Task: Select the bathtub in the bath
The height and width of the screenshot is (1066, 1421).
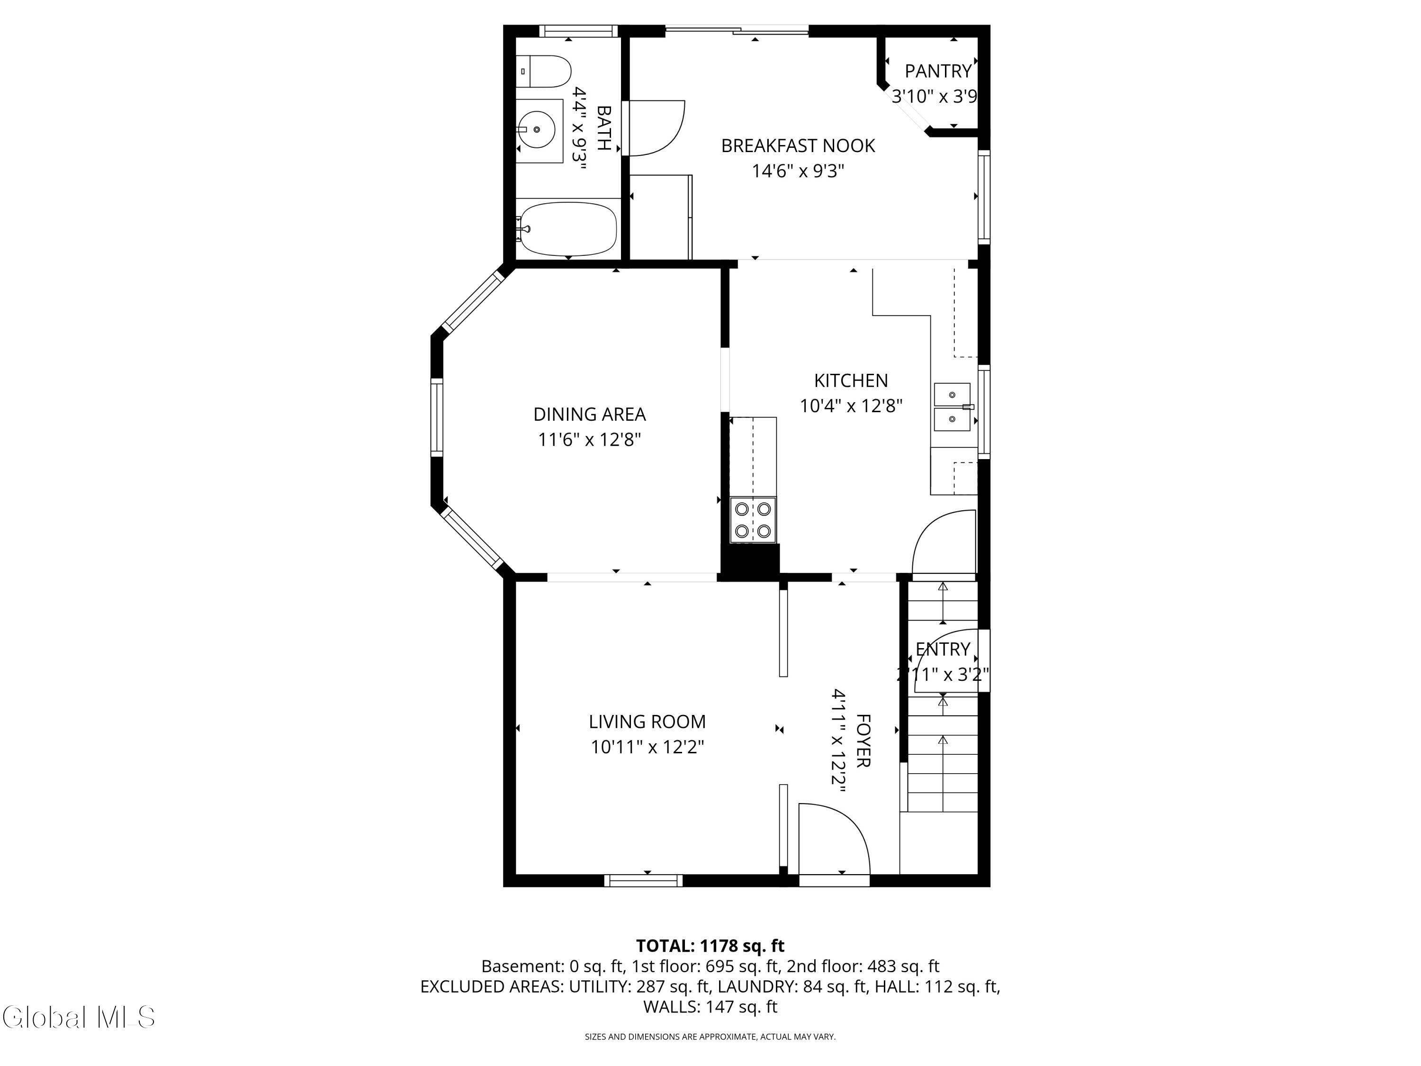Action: (568, 229)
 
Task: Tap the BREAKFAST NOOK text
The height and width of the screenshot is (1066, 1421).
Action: (798, 146)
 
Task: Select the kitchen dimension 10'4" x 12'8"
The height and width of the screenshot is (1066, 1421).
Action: (851, 406)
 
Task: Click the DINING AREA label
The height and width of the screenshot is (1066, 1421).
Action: (589, 415)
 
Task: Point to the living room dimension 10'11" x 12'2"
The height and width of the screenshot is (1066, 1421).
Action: (648, 747)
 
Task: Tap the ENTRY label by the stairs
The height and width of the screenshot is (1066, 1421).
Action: (943, 649)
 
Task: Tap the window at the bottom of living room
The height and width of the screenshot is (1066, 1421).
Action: (644, 881)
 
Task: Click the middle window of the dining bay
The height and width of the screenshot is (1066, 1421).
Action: (437, 418)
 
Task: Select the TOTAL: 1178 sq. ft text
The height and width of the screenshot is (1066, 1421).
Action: (710, 946)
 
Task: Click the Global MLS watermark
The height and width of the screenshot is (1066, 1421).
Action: (78, 1017)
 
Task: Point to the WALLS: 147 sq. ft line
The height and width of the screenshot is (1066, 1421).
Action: (710, 1007)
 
